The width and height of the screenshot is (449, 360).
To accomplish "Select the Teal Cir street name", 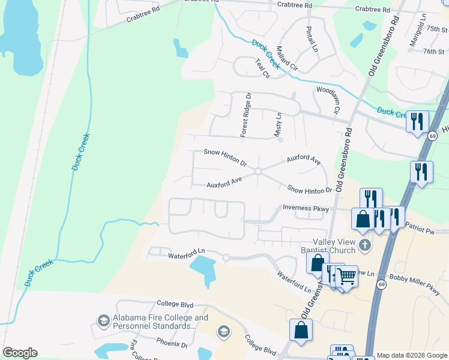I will (262, 68).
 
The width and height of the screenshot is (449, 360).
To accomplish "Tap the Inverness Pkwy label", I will (306, 209).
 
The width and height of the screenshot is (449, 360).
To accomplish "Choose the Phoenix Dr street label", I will (172, 344).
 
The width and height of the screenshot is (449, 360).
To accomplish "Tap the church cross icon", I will (364, 245).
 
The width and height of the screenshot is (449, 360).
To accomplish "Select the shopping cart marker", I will (346, 277).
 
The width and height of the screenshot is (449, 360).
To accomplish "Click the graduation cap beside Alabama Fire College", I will (103, 322).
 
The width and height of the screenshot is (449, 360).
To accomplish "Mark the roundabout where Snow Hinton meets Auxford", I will (258, 172).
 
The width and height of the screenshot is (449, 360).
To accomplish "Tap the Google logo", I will (20, 353).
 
